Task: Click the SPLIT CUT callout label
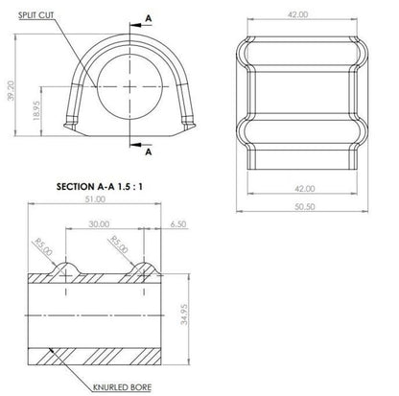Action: (35, 15)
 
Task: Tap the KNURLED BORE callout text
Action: (122, 387)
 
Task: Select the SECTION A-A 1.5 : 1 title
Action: (100, 187)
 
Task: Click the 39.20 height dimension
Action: (12, 90)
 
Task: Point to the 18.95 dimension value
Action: (36, 110)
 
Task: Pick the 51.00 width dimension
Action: (95, 199)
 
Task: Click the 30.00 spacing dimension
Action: (99, 224)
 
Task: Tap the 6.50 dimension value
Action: (178, 224)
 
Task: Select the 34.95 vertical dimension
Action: (184, 314)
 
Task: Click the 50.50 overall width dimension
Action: (305, 207)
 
